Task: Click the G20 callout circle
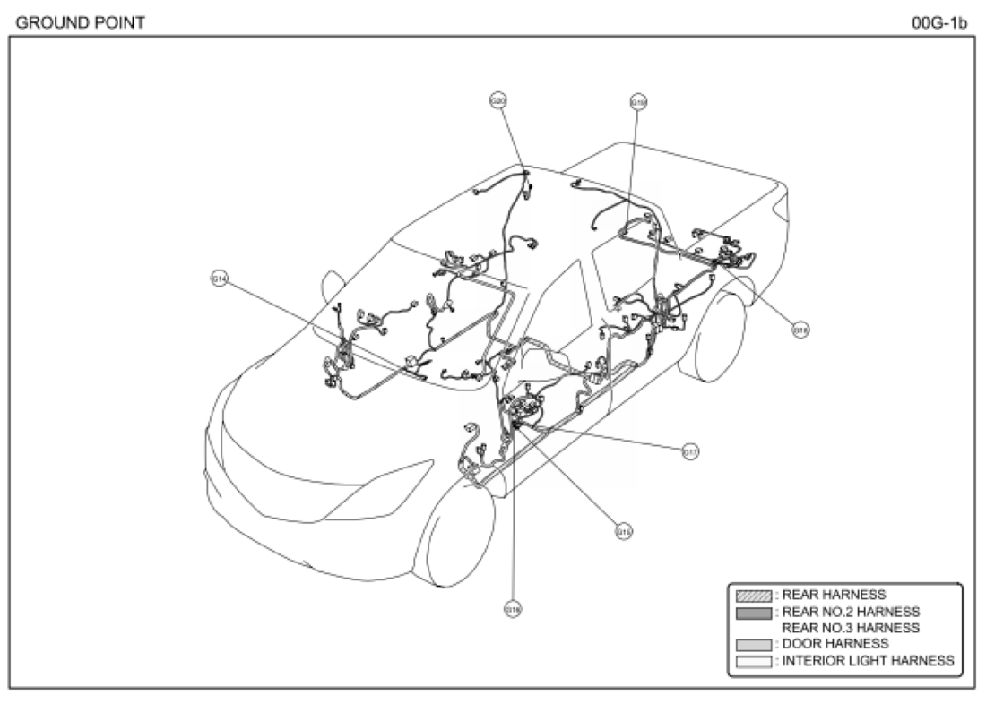click(x=498, y=100)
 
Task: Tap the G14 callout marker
click(x=218, y=279)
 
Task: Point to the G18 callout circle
click(x=800, y=330)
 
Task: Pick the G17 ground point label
click(x=690, y=452)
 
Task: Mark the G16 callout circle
click(x=514, y=607)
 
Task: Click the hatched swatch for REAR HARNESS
click(x=748, y=594)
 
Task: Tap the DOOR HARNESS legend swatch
click(x=748, y=645)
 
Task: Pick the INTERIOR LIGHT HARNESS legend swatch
click(x=748, y=662)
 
